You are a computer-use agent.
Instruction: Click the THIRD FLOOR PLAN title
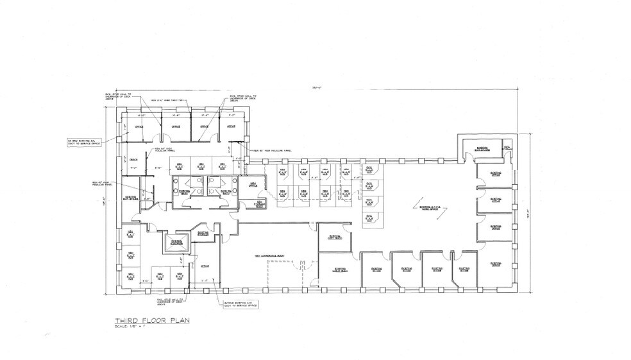tap(152, 320)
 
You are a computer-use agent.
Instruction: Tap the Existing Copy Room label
tap(334, 237)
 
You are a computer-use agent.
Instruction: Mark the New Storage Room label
tap(259, 205)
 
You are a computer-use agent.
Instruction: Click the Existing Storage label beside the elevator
tap(203, 235)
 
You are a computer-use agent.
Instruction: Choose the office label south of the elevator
tap(205, 266)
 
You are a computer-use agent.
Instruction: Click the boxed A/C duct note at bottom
tap(241, 304)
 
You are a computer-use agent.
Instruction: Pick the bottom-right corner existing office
tap(494, 264)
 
